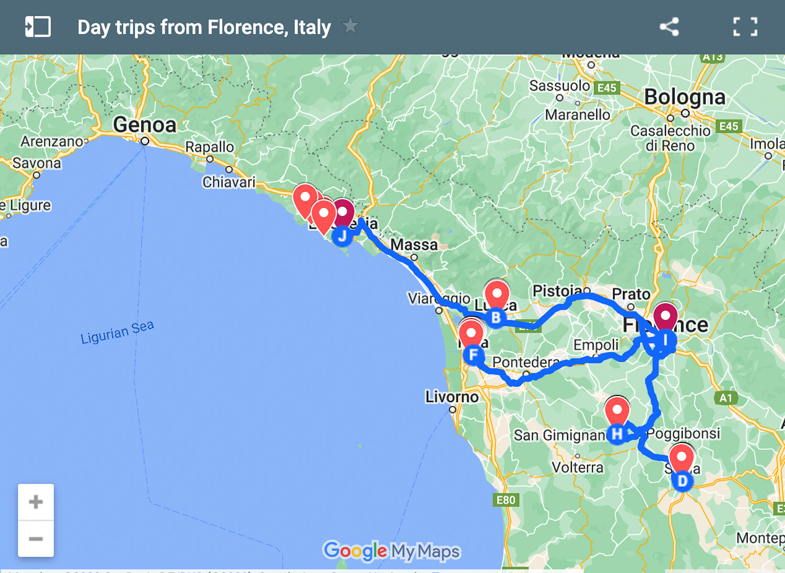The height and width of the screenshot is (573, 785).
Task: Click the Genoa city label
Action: click(x=145, y=125)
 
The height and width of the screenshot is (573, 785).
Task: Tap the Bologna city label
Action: click(x=685, y=97)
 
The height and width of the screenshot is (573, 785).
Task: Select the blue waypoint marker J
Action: click(x=342, y=237)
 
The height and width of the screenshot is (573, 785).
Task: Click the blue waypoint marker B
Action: click(x=496, y=318)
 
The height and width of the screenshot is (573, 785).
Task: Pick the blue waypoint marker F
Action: click(x=474, y=355)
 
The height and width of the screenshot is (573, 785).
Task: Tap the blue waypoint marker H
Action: click(x=617, y=434)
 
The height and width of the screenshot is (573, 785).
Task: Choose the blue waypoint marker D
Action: click(x=682, y=481)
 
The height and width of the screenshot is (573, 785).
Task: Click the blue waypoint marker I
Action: click(x=665, y=340)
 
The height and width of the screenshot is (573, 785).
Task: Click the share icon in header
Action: click(x=669, y=27)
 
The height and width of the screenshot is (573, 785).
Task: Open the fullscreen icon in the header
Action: click(x=745, y=27)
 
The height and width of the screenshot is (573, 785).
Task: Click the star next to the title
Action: click(x=350, y=26)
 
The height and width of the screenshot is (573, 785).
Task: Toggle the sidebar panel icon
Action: click(x=38, y=27)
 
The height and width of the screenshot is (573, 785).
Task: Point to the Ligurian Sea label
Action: click(x=117, y=332)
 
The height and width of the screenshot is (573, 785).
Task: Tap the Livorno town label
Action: click(x=452, y=397)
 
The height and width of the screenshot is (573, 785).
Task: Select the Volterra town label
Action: click(x=577, y=467)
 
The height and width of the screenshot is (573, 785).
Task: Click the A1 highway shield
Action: click(x=726, y=398)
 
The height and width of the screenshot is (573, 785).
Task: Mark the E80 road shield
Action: click(x=506, y=500)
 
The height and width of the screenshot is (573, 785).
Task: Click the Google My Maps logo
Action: click(x=392, y=550)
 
